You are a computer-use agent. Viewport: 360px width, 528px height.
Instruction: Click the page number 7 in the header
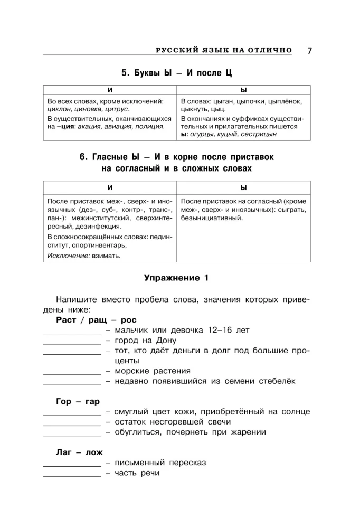point(310,51)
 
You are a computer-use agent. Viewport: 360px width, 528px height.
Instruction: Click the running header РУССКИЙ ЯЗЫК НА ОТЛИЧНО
point(224,50)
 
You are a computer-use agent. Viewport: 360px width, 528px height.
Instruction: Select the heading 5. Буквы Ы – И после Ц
point(176,72)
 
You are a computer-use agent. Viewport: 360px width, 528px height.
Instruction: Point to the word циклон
point(58,109)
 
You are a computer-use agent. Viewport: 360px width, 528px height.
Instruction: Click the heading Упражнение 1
point(176,278)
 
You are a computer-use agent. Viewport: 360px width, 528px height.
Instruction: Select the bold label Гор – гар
point(78,401)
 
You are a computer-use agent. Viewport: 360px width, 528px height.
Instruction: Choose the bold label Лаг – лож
point(79,452)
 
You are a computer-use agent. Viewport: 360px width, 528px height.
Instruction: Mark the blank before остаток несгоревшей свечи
point(71,424)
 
